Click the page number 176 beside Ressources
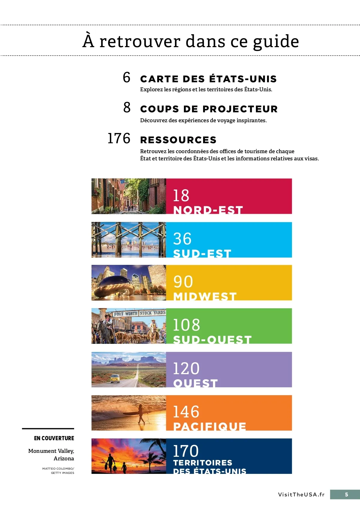[x=119, y=138]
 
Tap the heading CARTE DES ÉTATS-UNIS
[x=208, y=79]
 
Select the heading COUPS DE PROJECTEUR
[x=209, y=109]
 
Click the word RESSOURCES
[x=178, y=140]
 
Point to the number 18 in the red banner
[x=181, y=195]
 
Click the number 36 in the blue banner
[x=182, y=239]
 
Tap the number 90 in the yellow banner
[x=183, y=282]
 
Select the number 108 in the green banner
[x=186, y=325]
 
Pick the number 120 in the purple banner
[x=186, y=368]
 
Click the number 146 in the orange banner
[x=186, y=412]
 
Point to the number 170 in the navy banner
[x=186, y=451]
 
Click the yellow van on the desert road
[x=115, y=378]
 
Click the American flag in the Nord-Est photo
[x=121, y=185]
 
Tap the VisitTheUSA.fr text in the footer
[x=301, y=495]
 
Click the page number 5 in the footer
[x=346, y=495]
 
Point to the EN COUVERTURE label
[x=54, y=438]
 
